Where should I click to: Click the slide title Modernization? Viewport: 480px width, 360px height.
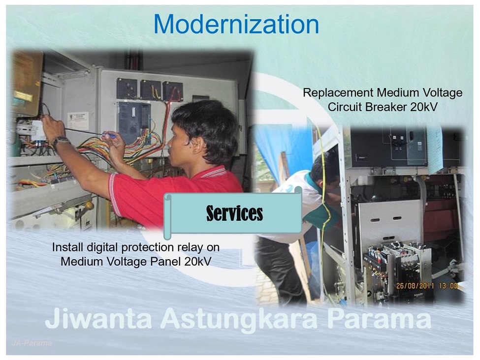click(236, 24)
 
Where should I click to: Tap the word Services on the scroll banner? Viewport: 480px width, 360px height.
click(234, 213)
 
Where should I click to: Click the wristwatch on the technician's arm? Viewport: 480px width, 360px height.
click(60, 142)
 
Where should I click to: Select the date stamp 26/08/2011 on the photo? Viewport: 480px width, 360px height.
click(415, 286)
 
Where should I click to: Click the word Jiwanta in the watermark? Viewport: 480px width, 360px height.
click(99, 318)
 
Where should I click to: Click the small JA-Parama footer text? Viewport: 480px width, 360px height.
click(32, 343)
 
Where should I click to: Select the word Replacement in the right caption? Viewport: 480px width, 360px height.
click(338, 92)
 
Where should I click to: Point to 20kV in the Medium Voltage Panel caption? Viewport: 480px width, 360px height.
click(198, 262)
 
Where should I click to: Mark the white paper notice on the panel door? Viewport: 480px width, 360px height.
click(78, 120)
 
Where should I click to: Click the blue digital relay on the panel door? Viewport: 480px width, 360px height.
click(135, 123)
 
